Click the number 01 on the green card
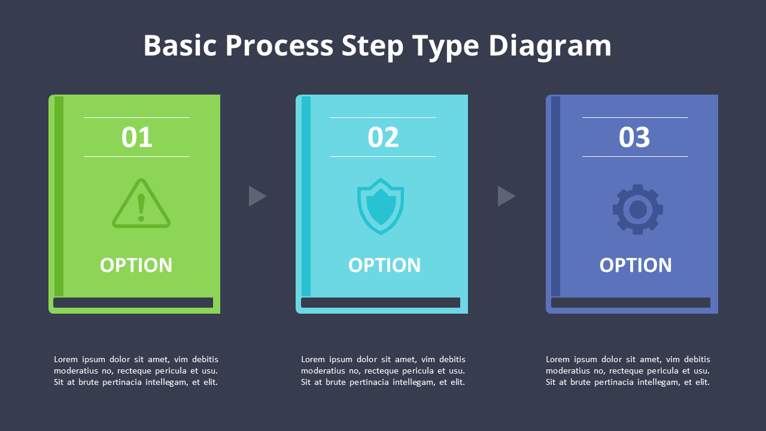[136, 138]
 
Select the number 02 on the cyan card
[383, 138]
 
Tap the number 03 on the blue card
[634, 138]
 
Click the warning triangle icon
[141, 204]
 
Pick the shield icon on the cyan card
[381, 206]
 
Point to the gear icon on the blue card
[638, 210]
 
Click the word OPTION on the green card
[136, 265]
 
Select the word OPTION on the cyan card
[384, 265]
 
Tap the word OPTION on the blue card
[636, 265]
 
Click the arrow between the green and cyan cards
[257, 196]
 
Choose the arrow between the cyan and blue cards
[506, 196]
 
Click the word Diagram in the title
[550, 46]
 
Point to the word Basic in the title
[180, 46]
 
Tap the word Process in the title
[279, 46]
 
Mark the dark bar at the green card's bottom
[133, 303]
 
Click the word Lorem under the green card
[66, 359]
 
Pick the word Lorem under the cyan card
[313, 359]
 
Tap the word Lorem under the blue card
[558, 359]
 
